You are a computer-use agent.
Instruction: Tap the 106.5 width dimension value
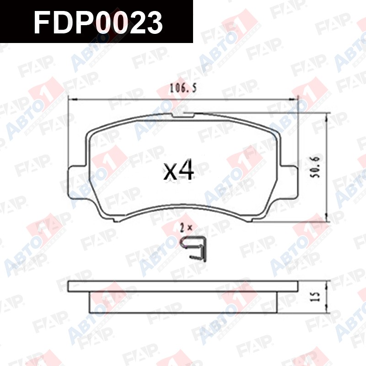(x=183, y=88)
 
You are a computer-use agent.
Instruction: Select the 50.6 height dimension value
(x=316, y=167)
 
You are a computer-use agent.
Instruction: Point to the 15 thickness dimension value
(x=316, y=296)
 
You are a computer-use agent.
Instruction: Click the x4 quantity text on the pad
(x=178, y=170)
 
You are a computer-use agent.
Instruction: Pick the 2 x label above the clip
(x=186, y=227)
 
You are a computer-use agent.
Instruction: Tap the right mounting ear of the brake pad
(x=290, y=180)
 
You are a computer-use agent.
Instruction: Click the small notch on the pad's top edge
(x=183, y=115)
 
